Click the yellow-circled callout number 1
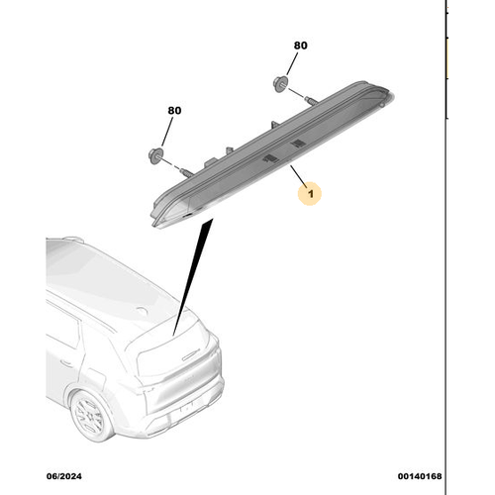click(x=310, y=193)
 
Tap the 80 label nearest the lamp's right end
click(x=301, y=46)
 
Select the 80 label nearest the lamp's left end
click(x=174, y=110)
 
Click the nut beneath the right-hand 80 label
click(x=280, y=84)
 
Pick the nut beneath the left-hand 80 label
click(x=155, y=155)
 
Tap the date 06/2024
click(x=64, y=476)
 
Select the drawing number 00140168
click(x=420, y=476)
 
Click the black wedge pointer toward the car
click(x=193, y=276)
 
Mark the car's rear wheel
click(x=90, y=416)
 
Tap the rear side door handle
click(x=66, y=363)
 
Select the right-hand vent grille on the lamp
click(x=298, y=144)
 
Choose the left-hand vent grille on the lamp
click(x=270, y=158)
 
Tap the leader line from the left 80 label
click(x=167, y=132)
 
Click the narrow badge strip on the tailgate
click(x=191, y=355)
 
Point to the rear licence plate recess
click(x=185, y=407)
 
